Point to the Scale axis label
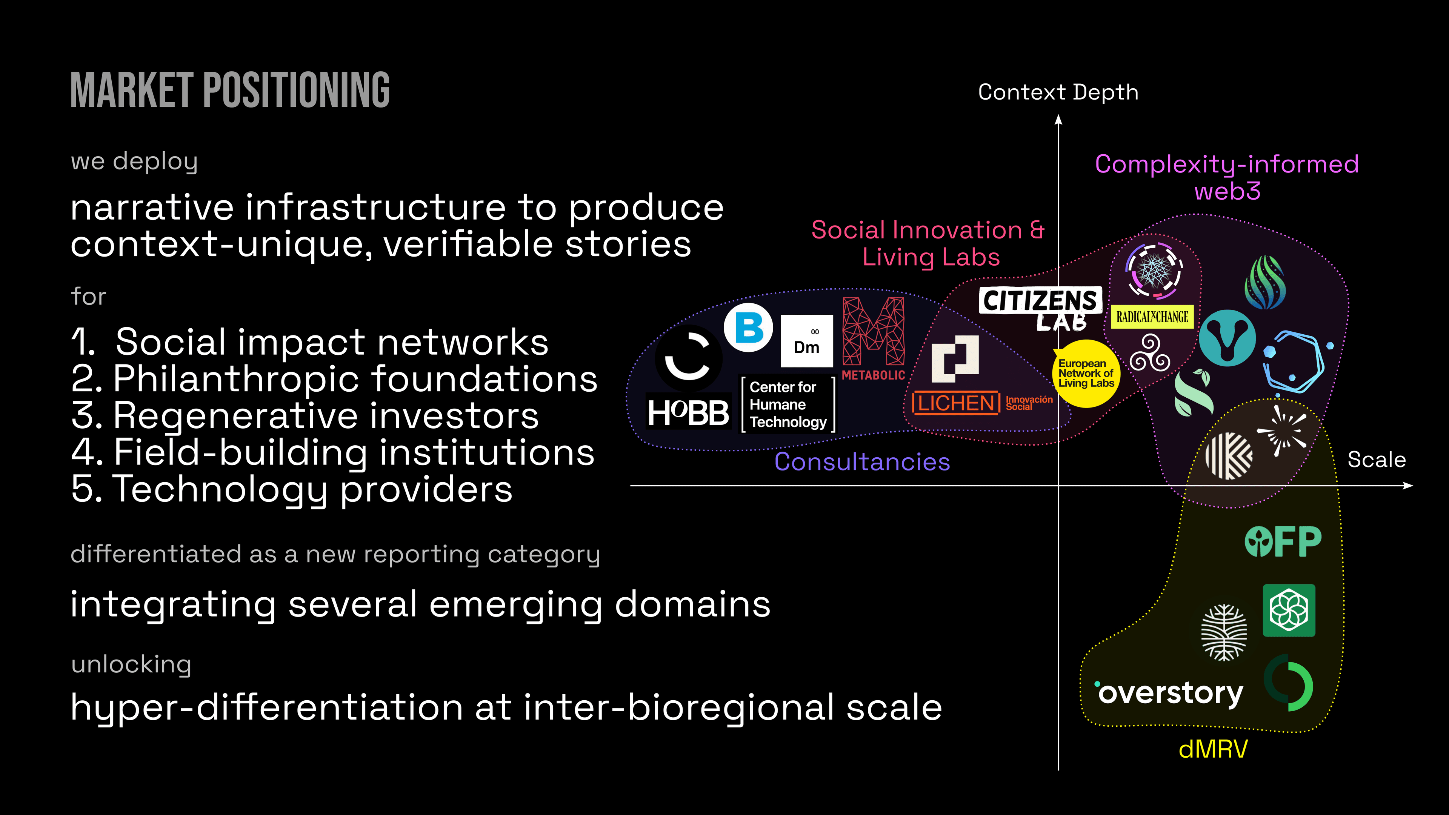pyautogui.click(x=1377, y=460)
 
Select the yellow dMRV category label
pyautogui.click(x=1213, y=749)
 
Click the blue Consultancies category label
pyautogui.click(x=862, y=462)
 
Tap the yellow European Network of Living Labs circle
pyautogui.click(x=1086, y=374)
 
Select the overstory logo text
pyautogui.click(x=1170, y=692)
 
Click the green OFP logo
pyautogui.click(x=1283, y=542)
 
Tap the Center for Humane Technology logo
pyautogui.click(x=788, y=404)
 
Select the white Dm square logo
pyautogui.click(x=807, y=341)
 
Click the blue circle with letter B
pyautogui.click(x=748, y=328)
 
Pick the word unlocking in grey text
pyautogui.click(x=131, y=664)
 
